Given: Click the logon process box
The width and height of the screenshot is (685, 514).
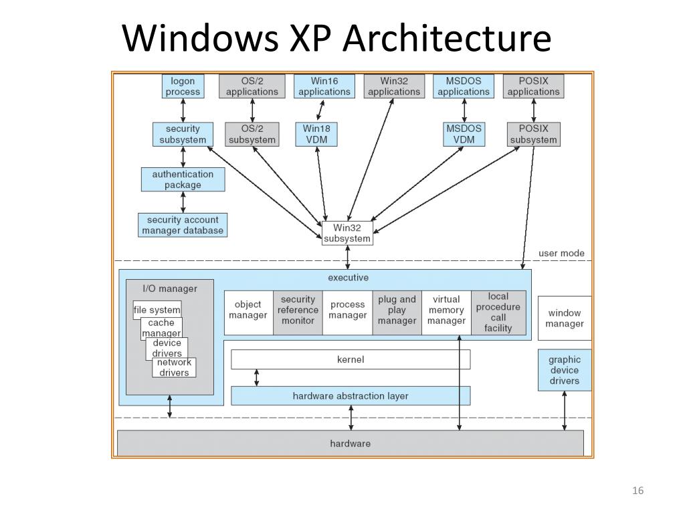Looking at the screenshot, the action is click(183, 86).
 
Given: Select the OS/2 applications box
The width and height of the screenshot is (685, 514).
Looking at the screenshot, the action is click(252, 86).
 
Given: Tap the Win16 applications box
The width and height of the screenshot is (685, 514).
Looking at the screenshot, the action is click(324, 86).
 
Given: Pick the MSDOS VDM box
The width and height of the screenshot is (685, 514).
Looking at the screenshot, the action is click(464, 134).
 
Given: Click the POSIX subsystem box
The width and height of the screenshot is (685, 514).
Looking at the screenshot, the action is click(533, 134).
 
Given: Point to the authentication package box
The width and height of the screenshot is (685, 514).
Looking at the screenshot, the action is click(183, 179).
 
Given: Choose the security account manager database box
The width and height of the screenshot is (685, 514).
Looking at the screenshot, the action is click(183, 225).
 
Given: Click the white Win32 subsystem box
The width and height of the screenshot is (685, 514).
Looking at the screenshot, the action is click(347, 234).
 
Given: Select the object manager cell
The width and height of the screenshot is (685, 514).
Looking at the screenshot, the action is click(249, 313).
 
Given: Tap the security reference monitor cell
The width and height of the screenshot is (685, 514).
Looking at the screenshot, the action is click(298, 313).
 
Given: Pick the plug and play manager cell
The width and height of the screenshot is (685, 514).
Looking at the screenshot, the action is click(397, 313).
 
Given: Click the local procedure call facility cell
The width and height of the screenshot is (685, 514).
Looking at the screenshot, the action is click(498, 313).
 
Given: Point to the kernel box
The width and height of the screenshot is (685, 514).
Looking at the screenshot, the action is click(351, 359).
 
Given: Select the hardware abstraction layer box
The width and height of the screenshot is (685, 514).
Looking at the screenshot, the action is click(351, 396).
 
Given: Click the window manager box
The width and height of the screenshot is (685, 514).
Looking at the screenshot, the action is click(565, 318).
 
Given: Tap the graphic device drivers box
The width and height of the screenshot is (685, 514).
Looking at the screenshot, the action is click(565, 369).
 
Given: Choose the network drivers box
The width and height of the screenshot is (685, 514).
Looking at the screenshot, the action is click(175, 367).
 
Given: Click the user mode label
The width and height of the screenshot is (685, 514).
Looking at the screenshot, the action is click(561, 253).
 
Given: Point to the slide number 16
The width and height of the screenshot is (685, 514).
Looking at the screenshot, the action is click(638, 491).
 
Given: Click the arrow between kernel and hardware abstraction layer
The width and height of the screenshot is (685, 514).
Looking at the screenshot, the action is click(256, 377).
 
